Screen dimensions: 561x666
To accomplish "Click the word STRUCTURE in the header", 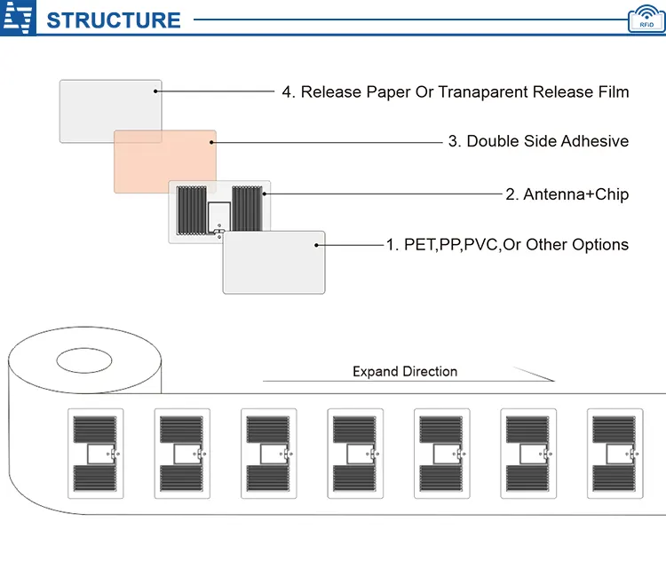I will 113,20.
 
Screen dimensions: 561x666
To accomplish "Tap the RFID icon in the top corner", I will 646,19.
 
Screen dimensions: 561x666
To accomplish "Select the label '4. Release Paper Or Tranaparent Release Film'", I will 455,92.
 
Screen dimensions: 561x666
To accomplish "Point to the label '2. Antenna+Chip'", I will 567,194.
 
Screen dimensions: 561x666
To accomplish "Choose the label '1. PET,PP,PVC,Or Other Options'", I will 506,244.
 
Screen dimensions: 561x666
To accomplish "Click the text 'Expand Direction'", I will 405,371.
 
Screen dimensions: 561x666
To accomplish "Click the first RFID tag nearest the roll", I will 95,455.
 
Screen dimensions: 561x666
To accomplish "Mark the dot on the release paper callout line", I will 156,91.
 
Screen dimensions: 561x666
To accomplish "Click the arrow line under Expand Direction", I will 408,382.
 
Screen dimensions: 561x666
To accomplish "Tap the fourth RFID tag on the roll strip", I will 354,455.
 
